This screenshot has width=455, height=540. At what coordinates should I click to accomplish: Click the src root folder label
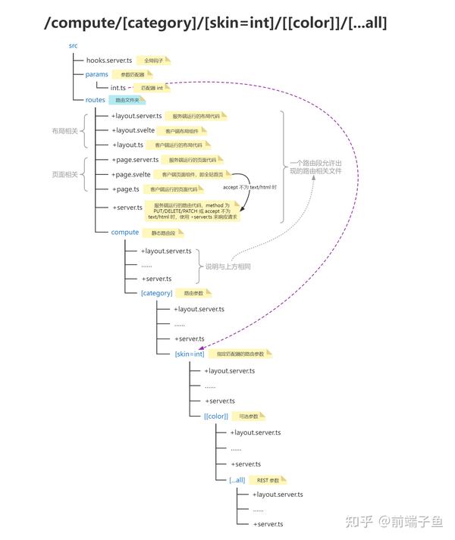[x=74, y=45]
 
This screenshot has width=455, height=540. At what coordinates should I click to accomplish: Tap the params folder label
[x=98, y=74]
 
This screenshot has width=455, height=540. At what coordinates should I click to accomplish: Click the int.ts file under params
[x=118, y=88]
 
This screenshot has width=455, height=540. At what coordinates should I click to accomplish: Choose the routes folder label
[x=96, y=99]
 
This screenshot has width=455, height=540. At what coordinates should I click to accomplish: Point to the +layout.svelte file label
[x=133, y=130]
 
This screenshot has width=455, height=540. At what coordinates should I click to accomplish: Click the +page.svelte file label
[x=132, y=174]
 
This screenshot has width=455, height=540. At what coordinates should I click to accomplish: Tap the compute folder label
[x=125, y=232]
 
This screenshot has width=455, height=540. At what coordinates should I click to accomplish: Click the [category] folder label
[x=157, y=293]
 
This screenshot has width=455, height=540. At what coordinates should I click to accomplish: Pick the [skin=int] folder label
[x=190, y=354]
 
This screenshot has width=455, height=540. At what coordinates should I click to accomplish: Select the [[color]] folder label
[x=217, y=416]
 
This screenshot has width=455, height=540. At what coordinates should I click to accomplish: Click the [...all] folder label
[x=237, y=479]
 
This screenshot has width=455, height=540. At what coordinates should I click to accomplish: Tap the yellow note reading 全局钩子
[x=154, y=59]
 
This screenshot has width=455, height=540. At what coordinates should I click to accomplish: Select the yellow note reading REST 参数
[x=268, y=480]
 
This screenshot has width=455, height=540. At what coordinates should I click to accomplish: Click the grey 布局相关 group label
[x=64, y=130]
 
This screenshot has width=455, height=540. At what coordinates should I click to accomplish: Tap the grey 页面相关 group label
[x=64, y=174]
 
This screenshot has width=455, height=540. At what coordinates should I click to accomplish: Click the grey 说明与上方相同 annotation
[x=227, y=267]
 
